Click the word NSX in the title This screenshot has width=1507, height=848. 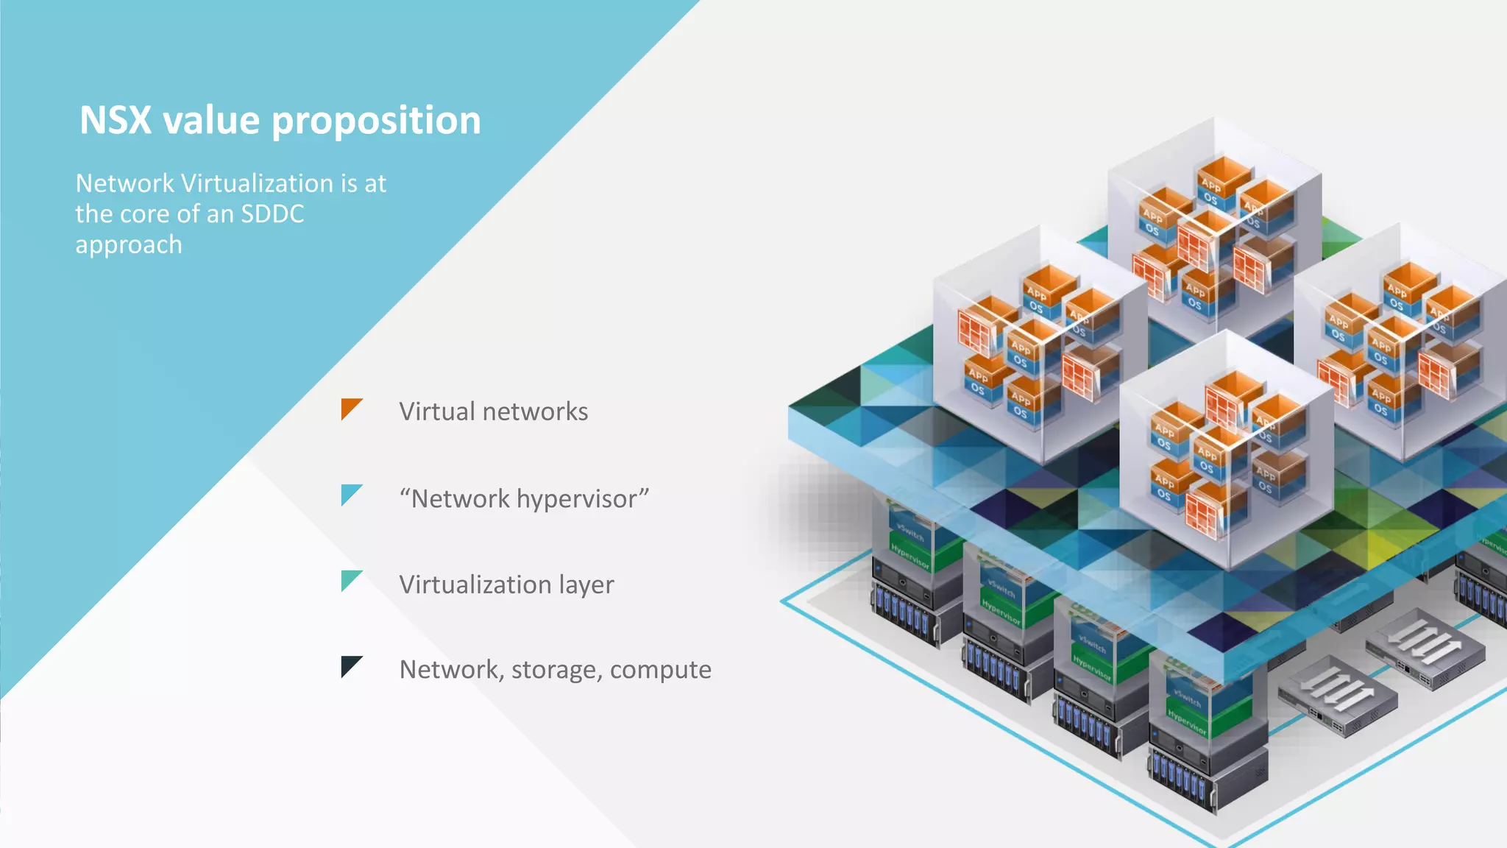[x=115, y=121]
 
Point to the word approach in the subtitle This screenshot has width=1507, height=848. [x=128, y=245]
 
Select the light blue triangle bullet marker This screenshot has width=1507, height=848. [x=350, y=493]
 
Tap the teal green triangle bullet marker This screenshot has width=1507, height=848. [x=350, y=579]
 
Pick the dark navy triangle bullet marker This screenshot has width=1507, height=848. [x=350, y=665]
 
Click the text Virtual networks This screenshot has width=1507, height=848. [x=493, y=411]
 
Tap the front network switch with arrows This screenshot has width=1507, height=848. [x=1336, y=695]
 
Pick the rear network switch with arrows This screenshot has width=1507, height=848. [x=1425, y=646]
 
